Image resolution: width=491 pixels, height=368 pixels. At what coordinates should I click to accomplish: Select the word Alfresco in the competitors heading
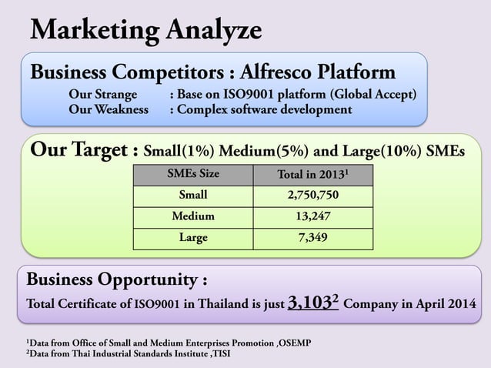[280, 73]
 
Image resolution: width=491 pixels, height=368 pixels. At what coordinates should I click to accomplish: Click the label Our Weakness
[109, 110]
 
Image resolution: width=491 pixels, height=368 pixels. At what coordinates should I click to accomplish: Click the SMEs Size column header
[192, 174]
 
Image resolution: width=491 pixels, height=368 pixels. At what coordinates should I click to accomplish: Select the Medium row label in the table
[192, 216]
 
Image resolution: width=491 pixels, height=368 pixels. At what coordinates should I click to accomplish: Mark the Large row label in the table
[192, 238]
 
